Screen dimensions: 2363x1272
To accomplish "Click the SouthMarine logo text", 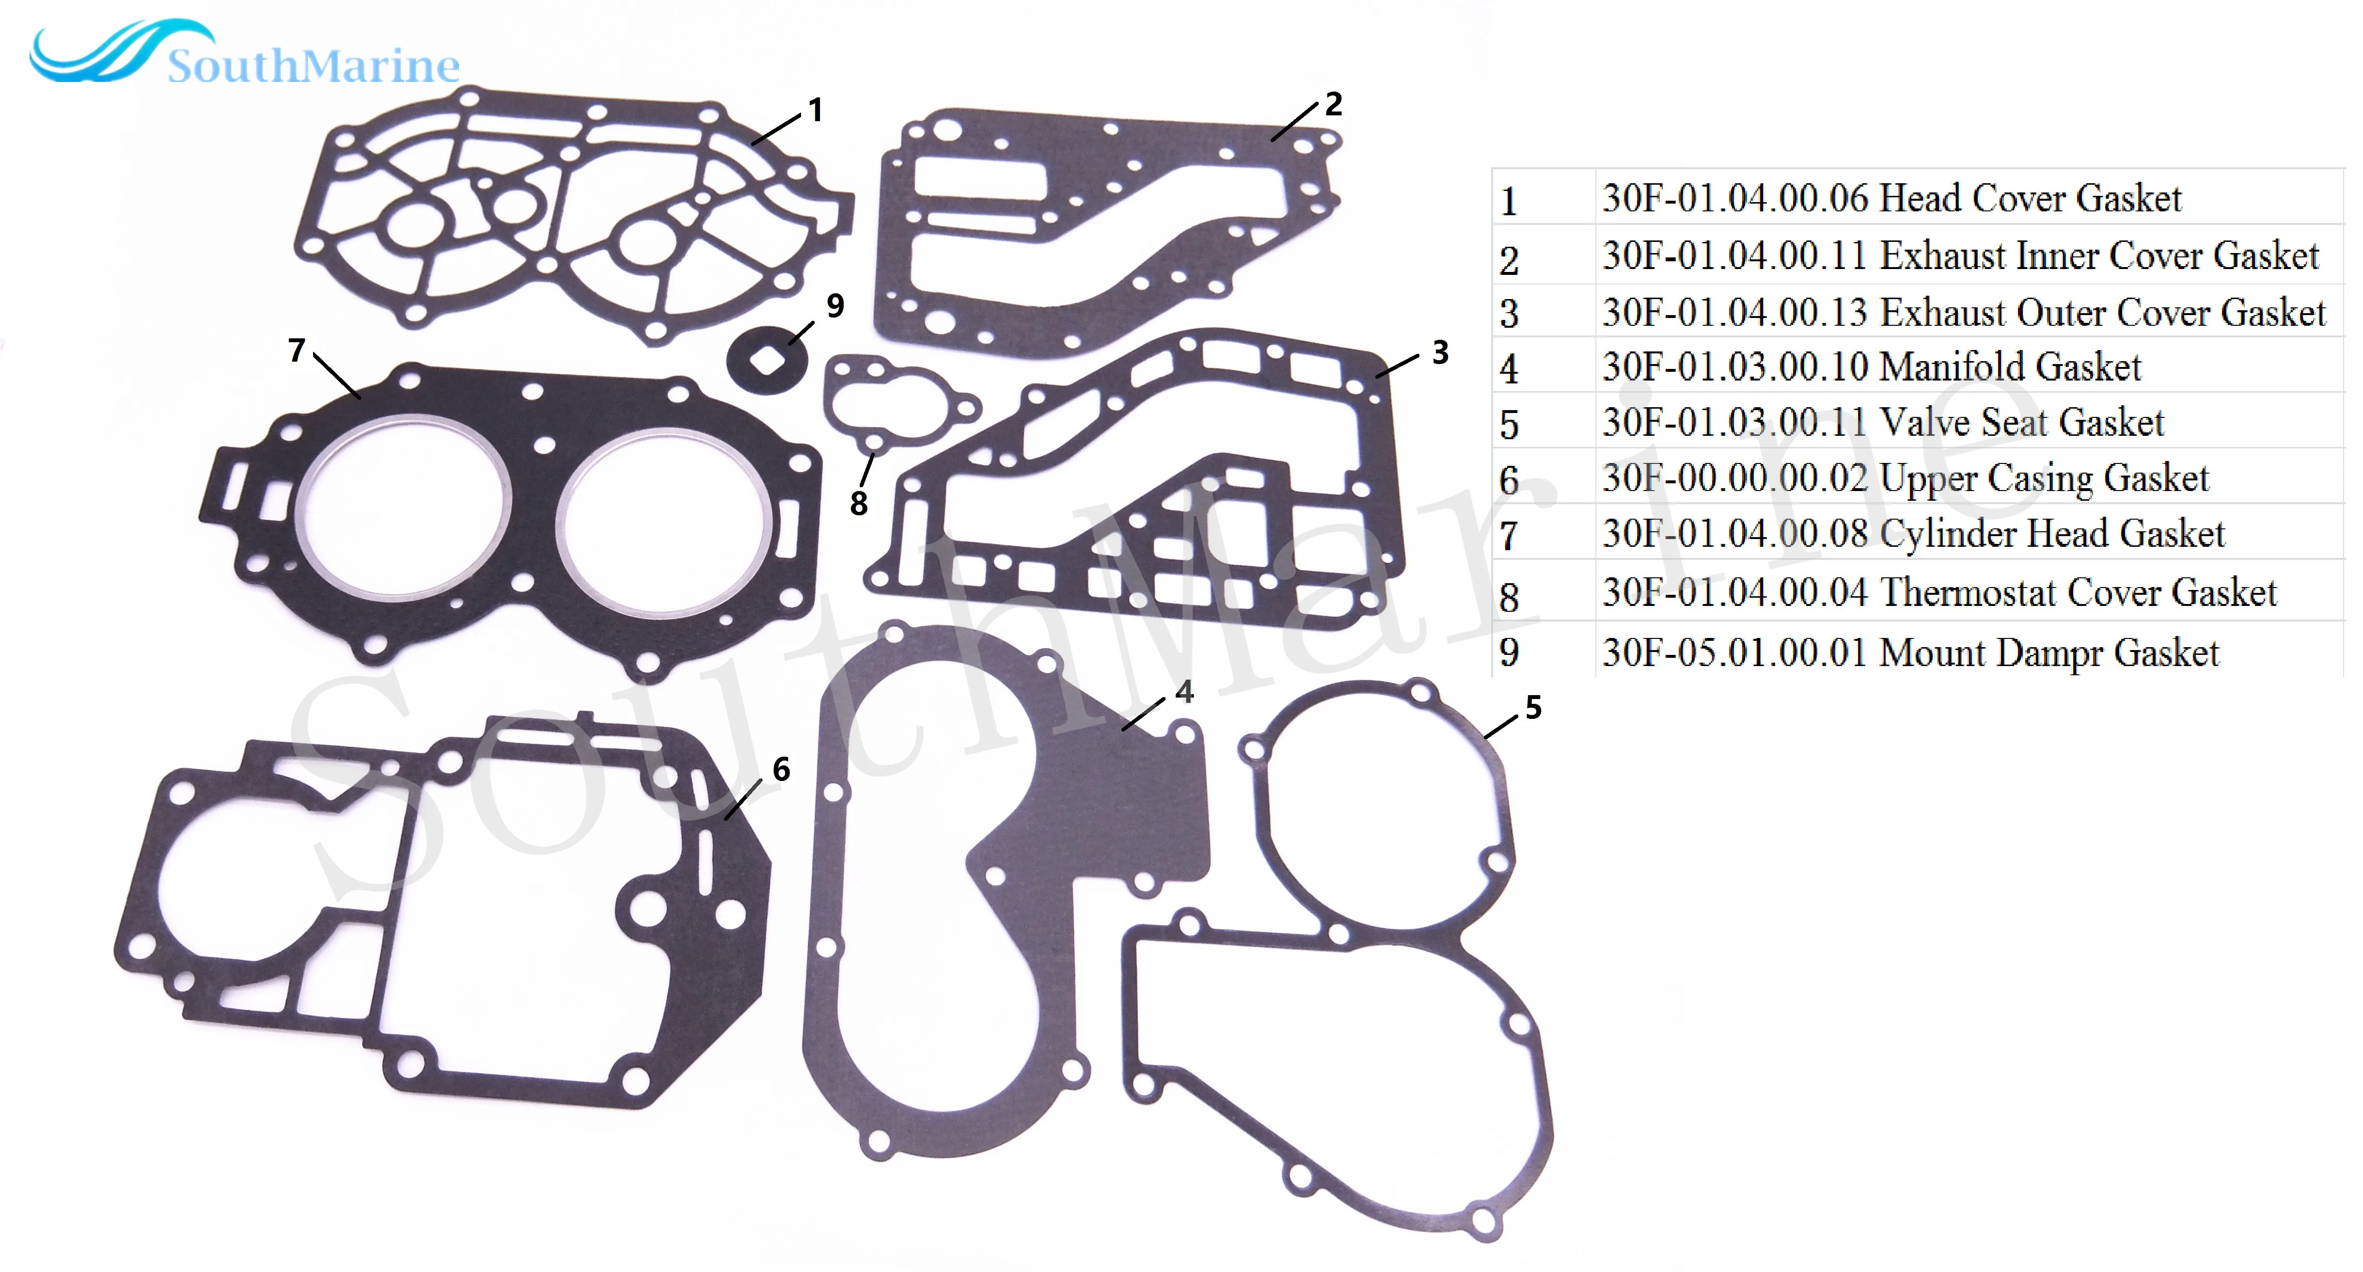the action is coord(312,66).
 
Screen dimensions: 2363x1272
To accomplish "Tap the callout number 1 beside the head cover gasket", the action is coord(815,111).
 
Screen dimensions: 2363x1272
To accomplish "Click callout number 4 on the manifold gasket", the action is coord(1184,692).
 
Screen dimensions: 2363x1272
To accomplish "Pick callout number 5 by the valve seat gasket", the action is coord(1533,708).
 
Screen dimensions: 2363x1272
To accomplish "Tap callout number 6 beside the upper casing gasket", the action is coord(781,769).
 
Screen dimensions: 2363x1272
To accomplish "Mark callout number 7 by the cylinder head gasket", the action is coord(296,350).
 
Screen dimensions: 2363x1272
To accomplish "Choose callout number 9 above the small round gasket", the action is coord(835,305).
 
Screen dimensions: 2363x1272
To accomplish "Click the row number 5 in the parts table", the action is coord(1509,425).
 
